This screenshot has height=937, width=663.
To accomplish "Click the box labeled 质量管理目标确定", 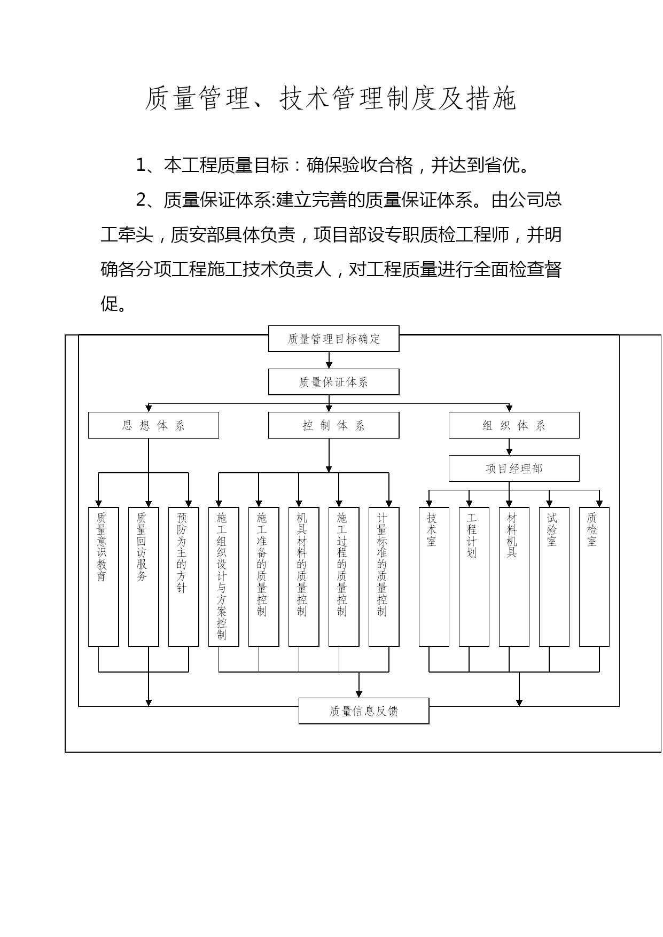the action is [x=334, y=339].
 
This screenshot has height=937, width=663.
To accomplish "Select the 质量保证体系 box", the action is [x=334, y=382].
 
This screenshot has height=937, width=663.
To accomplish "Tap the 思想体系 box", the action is [x=153, y=425].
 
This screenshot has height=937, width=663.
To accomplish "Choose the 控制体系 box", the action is [x=334, y=425].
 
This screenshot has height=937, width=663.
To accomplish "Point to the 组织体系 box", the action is [x=514, y=425].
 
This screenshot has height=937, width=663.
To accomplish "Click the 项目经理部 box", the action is [x=514, y=468].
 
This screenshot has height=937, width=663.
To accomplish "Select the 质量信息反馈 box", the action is [x=364, y=711].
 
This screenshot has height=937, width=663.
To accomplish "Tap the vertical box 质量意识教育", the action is [x=103, y=577].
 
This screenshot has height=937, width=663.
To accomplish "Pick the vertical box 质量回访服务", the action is [x=143, y=577].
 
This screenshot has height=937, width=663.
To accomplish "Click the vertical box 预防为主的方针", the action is [x=183, y=577].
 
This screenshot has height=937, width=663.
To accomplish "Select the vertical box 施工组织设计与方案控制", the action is [x=223, y=577].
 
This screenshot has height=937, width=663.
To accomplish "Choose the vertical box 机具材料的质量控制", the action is [x=303, y=577].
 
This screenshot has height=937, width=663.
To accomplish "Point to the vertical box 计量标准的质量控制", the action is [x=384, y=577].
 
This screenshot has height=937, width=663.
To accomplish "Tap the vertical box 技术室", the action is [x=434, y=577].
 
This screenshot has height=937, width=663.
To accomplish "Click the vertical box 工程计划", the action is [x=474, y=577].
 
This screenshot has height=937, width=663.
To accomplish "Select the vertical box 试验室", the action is [x=554, y=577].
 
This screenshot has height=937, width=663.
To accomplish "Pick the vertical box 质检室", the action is [x=594, y=577].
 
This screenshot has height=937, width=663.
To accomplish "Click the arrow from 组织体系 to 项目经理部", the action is [x=509, y=447].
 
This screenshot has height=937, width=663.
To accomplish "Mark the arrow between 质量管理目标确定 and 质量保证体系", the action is [x=329, y=360].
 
